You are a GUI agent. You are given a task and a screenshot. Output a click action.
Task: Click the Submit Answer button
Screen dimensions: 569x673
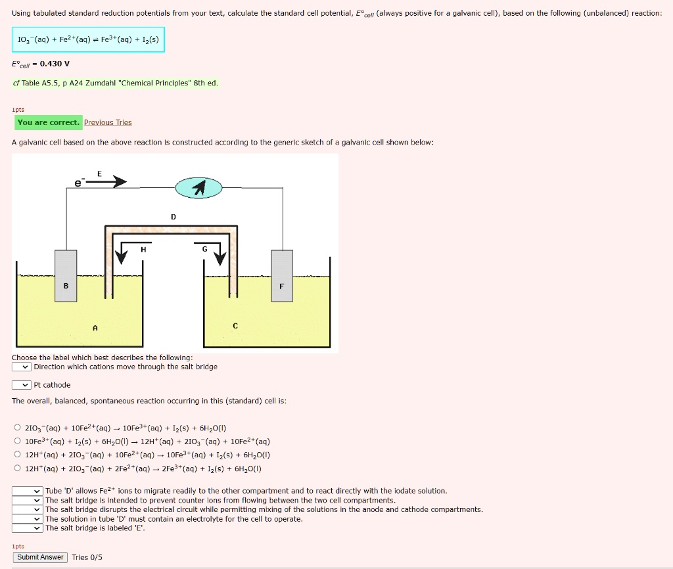point(40,557)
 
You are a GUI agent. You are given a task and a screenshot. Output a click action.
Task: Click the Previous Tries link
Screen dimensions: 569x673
point(108,122)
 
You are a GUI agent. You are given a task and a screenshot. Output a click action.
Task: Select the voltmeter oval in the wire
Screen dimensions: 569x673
point(198,190)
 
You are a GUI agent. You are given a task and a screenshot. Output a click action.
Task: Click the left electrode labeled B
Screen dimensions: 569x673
point(66,276)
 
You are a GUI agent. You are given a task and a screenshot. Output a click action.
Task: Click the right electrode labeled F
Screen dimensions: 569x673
point(283,276)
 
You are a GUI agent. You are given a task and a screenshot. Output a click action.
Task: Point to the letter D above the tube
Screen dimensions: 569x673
point(174,216)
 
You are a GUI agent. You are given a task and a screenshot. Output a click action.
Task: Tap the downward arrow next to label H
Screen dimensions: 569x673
point(120,259)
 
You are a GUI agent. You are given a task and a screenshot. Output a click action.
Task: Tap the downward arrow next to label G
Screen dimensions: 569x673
point(221,259)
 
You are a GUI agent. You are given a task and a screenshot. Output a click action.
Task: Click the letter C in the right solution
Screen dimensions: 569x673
point(235,327)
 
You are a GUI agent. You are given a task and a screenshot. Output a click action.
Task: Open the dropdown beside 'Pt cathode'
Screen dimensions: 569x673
point(21,385)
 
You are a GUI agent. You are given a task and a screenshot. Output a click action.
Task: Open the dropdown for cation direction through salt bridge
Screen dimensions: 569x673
point(21,367)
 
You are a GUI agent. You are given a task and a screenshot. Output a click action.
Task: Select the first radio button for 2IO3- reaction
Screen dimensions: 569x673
point(18,428)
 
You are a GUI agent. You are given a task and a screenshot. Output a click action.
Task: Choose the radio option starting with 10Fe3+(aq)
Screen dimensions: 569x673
point(18,442)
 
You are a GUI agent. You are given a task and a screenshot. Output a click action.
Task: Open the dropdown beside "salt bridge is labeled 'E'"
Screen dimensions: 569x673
point(28,528)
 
